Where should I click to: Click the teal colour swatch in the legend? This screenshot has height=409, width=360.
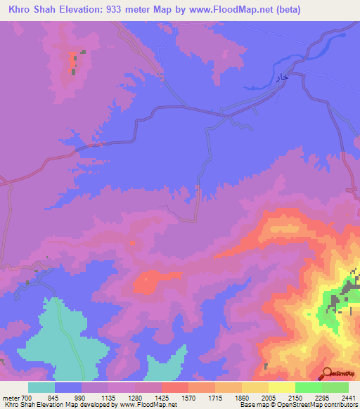tap(41, 388)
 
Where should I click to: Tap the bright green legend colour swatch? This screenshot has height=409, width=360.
tap(309, 388)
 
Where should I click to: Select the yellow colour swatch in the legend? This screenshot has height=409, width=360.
tap(282, 388)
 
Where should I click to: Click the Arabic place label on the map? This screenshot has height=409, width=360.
tap(281, 79)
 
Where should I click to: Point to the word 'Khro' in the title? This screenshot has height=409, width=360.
tap(22, 9)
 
